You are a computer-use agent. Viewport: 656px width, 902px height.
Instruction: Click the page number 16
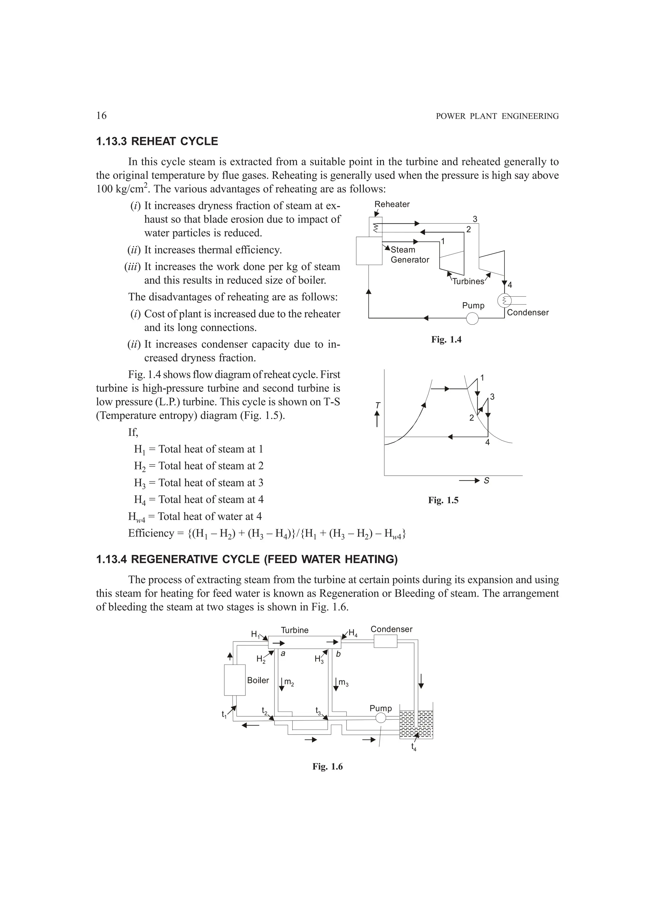(x=101, y=116)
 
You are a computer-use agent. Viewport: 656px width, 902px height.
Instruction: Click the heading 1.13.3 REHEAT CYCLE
(x=157, y=141)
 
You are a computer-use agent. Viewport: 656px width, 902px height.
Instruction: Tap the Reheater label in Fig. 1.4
(x=392, y=205)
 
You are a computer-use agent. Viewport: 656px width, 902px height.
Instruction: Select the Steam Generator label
(x=410, y=255)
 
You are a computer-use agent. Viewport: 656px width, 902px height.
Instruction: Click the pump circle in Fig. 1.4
(x=472, y=318)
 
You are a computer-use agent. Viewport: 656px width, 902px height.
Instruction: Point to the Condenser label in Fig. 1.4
(x=528, y=313)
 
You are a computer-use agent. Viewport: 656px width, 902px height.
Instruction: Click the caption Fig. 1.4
(x=446, y=340)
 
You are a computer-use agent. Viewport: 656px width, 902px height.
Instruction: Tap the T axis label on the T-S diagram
(x=378, y=405)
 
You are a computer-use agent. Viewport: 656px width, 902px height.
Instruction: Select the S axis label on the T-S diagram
(x=487, y=481)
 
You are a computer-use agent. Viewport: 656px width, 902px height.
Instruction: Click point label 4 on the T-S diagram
(x=487, y=442)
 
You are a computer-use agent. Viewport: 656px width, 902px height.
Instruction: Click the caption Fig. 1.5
(x=443, y=500)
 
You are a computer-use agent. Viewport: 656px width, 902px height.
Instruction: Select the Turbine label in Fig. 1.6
(x=295, y=630)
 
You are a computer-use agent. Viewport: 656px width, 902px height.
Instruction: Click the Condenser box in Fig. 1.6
(x=385, y=641)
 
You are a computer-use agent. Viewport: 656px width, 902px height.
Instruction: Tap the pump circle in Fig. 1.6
(x=381, y=718)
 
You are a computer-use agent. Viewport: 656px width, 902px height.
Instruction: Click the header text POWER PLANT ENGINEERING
(x=497, y=117)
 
